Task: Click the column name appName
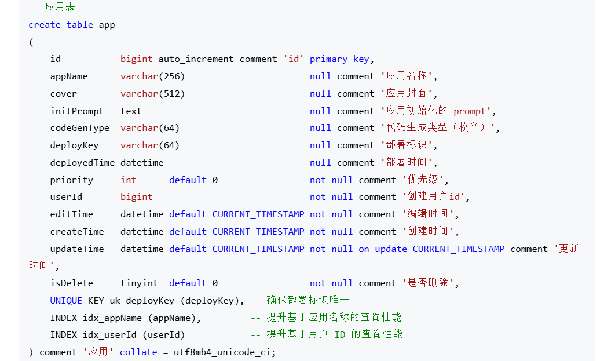(69, 76)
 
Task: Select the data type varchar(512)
(152, 94)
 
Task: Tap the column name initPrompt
(77, 111)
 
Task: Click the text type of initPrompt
(131, 111)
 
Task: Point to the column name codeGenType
(80, 128)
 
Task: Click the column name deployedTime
(82, 163)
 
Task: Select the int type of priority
(128, 180)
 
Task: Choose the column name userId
(66, 197)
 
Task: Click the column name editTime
(72, 214)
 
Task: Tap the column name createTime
(77, 232)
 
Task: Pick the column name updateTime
(77, 249)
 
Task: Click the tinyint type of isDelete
(139, 283)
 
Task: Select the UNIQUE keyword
(66, 300)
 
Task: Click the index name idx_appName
(112, 318)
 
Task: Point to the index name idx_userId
(109, 334)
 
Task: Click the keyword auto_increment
(196, 59)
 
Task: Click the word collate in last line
(138, 352)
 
